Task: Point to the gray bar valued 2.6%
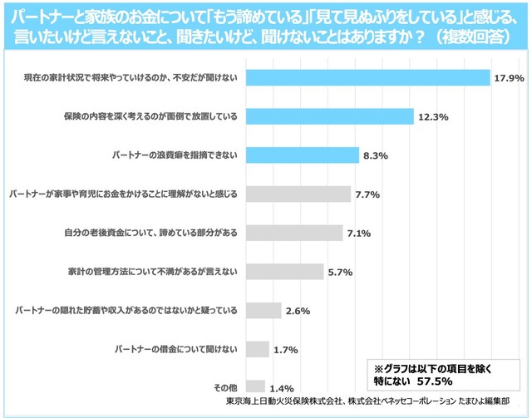(x=264, y=311)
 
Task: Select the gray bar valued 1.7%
(x=258, y=349)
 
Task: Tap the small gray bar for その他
(x=255, y=386)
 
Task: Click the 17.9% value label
(x=509, y=78)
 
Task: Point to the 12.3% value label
(x=433, y=117)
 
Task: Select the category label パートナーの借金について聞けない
(x=175, y=349)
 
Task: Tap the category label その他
(x=227, y=388)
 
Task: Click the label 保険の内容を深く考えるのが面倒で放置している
(x=150, y=116)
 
